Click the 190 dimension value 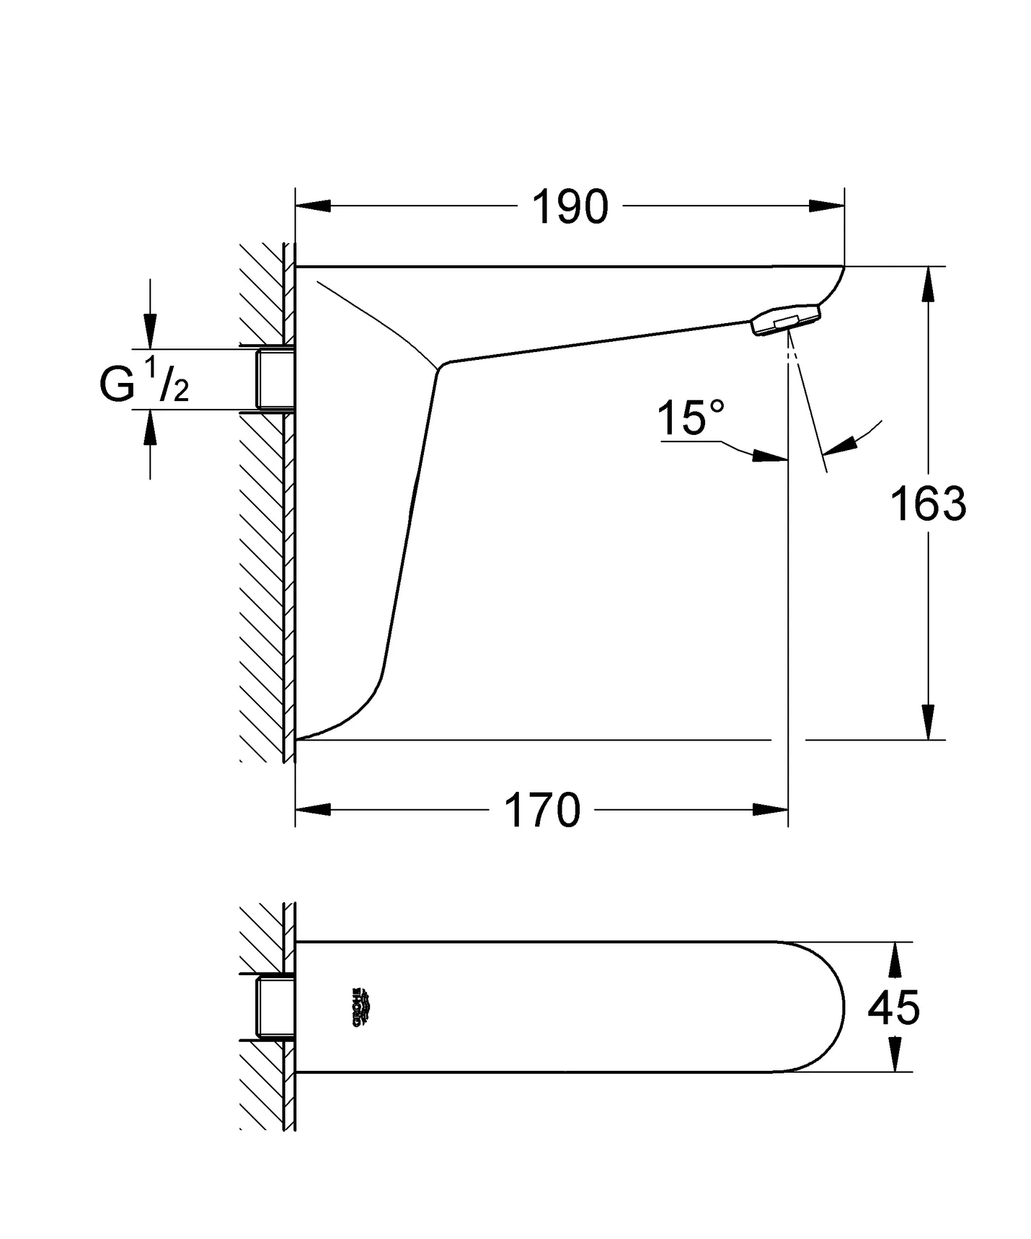pos(570,208)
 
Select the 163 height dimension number pos(928,504)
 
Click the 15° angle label pos(690,418)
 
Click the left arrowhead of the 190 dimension pos(313,206)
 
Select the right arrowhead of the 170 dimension pos(770,809)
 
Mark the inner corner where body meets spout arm pos(440,367)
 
